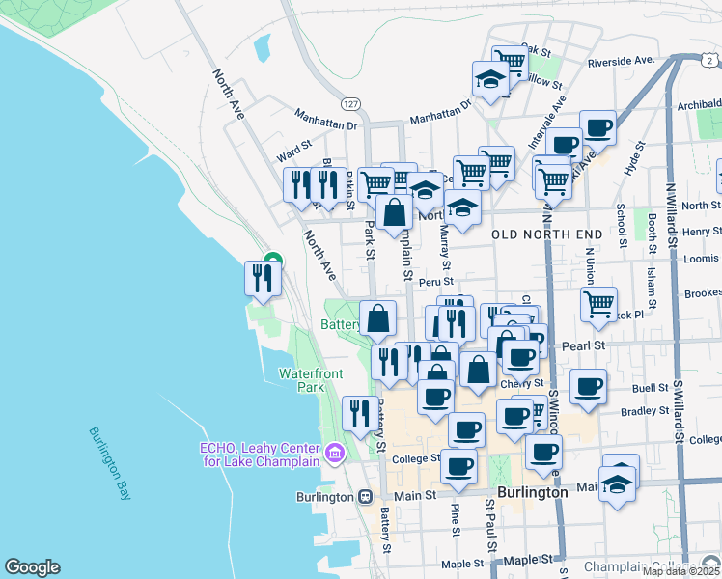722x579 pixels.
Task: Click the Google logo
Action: point(32,567)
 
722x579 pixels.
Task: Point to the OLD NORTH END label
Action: point(546,234)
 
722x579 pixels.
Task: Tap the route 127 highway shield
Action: point(349,102)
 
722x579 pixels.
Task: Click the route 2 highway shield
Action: point(708,60)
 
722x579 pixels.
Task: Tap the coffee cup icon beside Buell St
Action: point(588,388)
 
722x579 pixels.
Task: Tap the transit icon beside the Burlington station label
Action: point(365,497)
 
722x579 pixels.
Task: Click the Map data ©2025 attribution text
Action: point(680,571)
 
